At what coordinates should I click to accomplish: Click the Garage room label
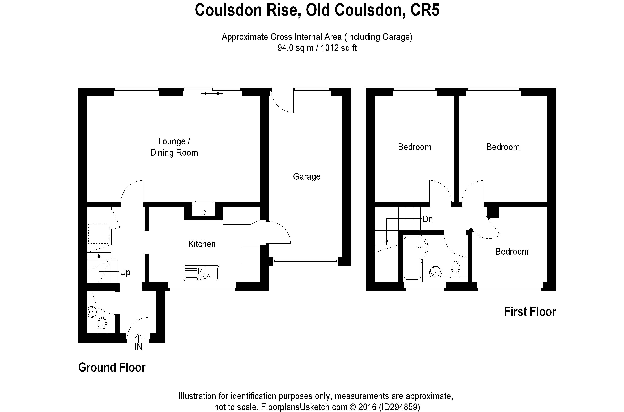point(306,176)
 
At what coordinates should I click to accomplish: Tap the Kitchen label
point(202,244)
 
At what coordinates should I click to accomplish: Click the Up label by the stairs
point(125,272)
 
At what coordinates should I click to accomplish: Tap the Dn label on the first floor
point(427,219)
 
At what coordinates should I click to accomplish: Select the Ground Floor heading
point(112,367)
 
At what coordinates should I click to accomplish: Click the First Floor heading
point(530,312)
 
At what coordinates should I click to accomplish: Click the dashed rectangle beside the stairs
point(99,233)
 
